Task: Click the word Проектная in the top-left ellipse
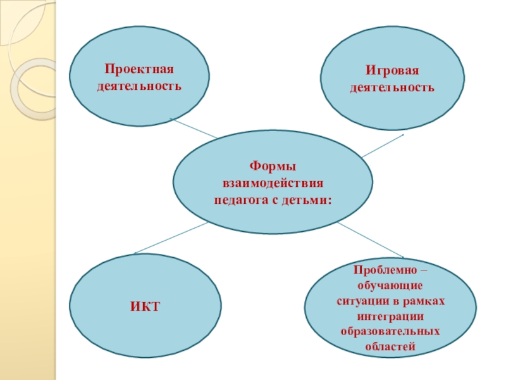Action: (x=139, y=68)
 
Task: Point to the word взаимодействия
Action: (x=273, y=183)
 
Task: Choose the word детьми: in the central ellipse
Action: (x=309, y=199)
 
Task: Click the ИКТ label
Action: (x=145, y=307)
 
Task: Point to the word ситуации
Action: (x=359, y=301)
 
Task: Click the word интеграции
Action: (x=390, y=316)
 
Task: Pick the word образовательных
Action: (x=390, y=331)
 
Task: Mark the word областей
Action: (x=390, y=346)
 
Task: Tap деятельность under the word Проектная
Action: (x=139, y=84)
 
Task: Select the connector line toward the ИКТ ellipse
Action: (x=171, y=237)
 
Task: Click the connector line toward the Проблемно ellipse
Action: (x=370, y=239)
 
